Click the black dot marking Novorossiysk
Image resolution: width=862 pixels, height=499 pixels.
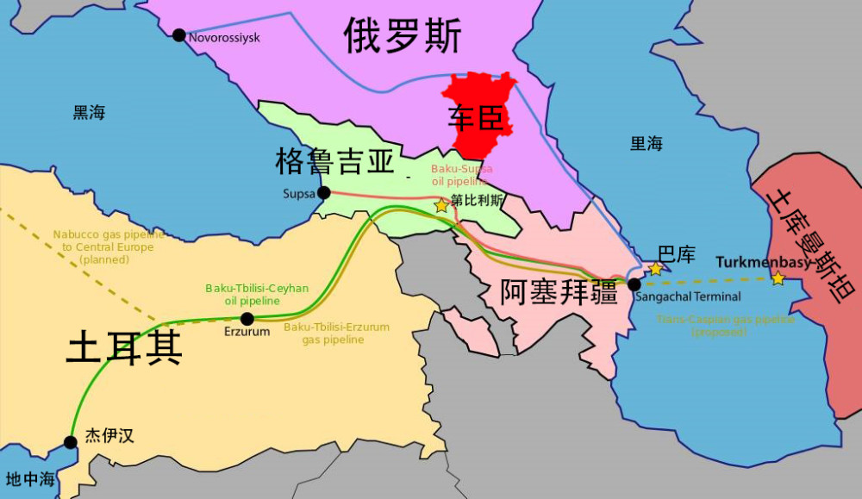click(x=178, y=35)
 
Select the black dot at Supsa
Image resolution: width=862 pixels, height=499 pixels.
click(x=324, y=193)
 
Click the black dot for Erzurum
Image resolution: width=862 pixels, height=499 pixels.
click(x=247, y=319)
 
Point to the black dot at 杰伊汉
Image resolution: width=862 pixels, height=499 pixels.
click(x=71, y=442)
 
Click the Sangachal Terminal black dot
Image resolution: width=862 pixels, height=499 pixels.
click(x=634, y=284)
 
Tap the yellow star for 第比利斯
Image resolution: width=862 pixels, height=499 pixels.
click(x=441, y=205)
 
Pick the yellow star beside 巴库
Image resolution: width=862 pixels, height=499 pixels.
click(x=655, y=269)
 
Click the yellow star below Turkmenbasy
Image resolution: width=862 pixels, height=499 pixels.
click(x=778, y=278)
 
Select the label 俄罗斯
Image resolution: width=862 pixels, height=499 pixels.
click(x=403, y=36)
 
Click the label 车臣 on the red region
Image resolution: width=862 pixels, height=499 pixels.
click(x=476, y=119)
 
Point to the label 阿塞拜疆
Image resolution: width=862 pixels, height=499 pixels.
click(x=559, y=291)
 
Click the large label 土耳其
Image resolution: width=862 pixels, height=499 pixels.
click(x=124, y=348)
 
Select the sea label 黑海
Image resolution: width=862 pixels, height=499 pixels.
click(x=89, y=113)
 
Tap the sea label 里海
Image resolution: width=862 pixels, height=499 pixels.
click(x=646, y=143)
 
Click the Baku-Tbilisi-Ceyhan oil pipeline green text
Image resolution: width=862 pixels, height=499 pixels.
click(x=257, y=295)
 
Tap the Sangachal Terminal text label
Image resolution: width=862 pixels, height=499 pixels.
click(x=688, y=297)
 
